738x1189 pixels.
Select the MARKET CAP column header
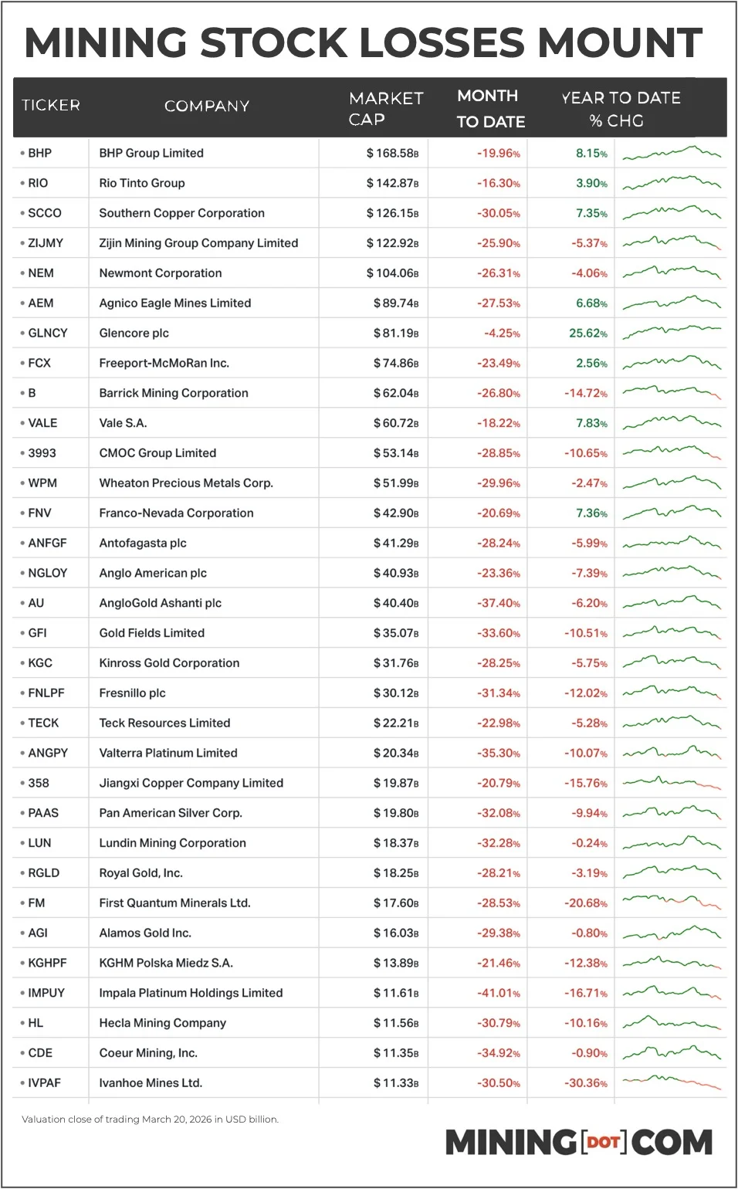pyautogui.click(x=385, y=108)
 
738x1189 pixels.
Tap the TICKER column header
pyautogui.click(x=51, y=105)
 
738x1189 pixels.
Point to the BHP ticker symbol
pyautogui.click(x=39, y=153)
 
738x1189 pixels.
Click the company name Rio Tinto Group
pyautogui.click(x=142, y=183)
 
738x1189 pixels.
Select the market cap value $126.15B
pyautogui.click(x=392, y=213)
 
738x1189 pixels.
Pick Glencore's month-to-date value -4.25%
pyautogui.click(x=502, y=334)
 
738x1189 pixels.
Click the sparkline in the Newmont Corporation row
pyautogui.click(x=672, y=273)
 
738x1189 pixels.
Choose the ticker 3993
pyautogui.click(x=42, y=453)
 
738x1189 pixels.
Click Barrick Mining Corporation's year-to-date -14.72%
pyautogui.click(x=585, y=393)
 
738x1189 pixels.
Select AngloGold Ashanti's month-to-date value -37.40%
pyautogui.click(x=498, y=603)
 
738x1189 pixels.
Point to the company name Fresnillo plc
pyautogui.click(x=132, y=693)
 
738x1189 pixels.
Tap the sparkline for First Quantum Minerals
pyautogui.click(x=672, y=902)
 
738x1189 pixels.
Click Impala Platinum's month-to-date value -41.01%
pyautogui.click(x=498, y=993)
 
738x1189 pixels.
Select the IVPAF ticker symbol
pyautogui.click(x=44, y=1083)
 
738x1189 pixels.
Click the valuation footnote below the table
pyautogui.click(x=150, y=1119)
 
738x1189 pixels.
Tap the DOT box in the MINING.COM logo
pyautogui.click(x=603, y=1141)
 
